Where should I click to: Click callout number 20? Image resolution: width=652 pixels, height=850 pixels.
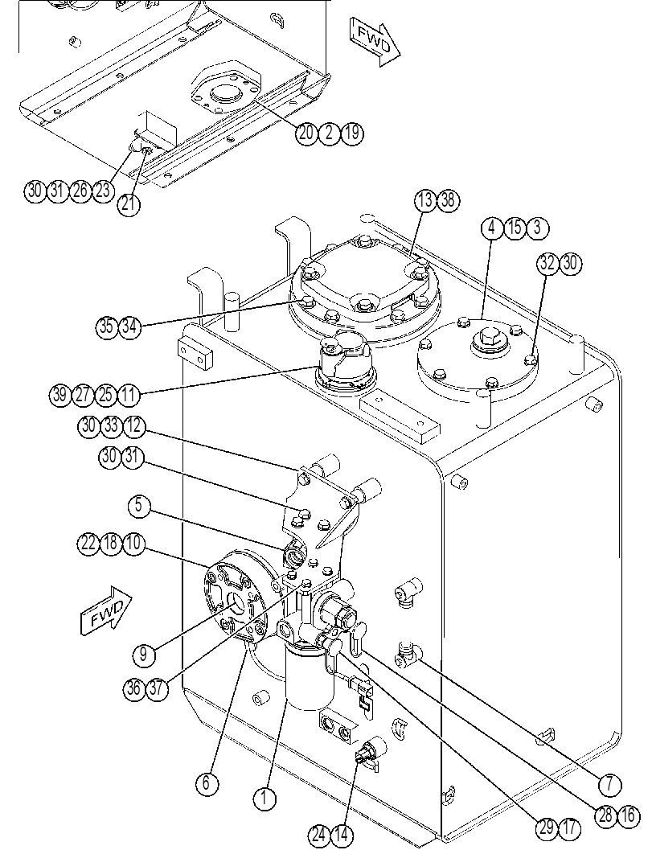pos(306,133)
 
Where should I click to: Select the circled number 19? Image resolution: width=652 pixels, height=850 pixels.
pos(352,133)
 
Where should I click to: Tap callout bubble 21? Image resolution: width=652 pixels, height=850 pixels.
pos(129,205)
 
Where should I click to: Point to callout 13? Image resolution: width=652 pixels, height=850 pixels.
pos(426,200)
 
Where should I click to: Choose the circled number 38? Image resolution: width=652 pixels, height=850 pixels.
pos(449,200)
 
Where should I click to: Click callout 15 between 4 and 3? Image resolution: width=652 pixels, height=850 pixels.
pos(515,228)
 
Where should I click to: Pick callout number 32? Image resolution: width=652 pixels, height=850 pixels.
pos(547,264)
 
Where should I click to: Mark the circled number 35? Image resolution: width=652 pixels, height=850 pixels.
pos(107,326)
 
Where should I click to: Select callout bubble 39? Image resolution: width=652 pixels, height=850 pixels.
pos(59,395)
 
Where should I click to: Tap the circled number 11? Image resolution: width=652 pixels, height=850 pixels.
pos(128,395)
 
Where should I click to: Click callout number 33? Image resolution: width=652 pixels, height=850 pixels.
pos(111,425)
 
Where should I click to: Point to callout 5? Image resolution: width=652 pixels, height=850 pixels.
pos(139,506)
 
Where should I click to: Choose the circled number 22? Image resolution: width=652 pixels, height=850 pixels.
pos(88,543)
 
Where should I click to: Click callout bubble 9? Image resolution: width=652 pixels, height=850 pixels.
pos(143,655)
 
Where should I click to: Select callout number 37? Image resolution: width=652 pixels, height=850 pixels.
pos(158,689)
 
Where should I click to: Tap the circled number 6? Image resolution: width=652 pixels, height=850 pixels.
pos(207,783)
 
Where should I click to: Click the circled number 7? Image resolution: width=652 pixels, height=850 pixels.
pos(610,784)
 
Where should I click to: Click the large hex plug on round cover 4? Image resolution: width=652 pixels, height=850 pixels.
pos(486,341)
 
